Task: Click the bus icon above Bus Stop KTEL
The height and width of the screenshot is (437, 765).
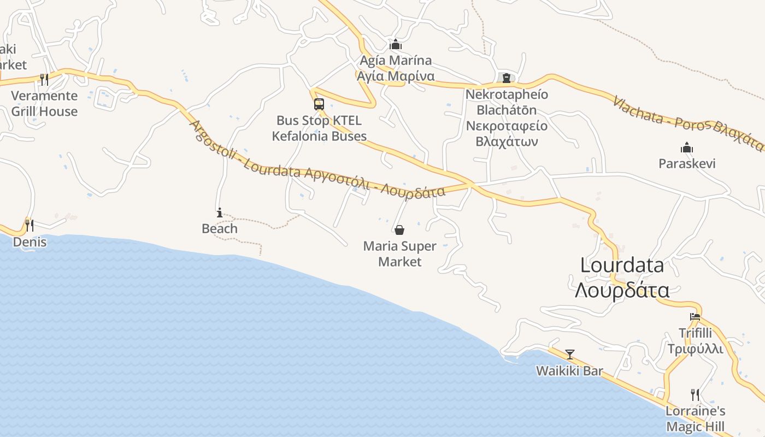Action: coord(319,104)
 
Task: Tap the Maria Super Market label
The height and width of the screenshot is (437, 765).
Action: coord(400,254)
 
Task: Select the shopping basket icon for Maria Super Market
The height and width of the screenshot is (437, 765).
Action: coord(399,230)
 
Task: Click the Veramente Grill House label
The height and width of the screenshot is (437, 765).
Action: coord(44,104)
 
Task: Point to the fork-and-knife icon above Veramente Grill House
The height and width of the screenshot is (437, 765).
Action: coord(44,80)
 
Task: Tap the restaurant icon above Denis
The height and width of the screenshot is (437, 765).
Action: coord(30,225)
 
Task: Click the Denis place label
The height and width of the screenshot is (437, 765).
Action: coord(30,241)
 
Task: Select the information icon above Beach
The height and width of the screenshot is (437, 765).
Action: coord(220,212)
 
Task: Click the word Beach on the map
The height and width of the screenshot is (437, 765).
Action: coord(220,228)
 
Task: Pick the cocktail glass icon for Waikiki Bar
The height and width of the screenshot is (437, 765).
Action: coord(570,355)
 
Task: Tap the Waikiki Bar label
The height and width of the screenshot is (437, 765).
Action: coord(569,371)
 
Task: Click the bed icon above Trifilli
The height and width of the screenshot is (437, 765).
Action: coord(695,317)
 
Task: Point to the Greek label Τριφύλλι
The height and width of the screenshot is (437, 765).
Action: coord(695,349)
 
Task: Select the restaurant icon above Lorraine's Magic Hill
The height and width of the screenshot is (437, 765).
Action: coord(695,394)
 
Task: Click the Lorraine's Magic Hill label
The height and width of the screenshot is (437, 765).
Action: coord(695,418)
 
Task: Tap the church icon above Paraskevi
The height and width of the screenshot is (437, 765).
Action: coord(687,147)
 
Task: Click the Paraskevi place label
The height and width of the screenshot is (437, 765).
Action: coord(687,163)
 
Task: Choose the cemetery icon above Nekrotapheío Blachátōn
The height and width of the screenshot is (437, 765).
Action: coord(507,78)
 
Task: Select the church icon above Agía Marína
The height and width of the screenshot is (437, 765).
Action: coord(396,44)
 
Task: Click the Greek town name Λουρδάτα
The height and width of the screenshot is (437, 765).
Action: coord(622,290)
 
